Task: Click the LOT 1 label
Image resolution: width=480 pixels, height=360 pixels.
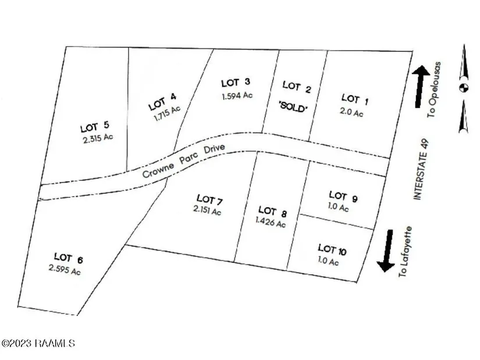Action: (x=355, y=99)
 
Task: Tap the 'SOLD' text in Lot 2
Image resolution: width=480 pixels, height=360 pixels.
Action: (x=293, y=107)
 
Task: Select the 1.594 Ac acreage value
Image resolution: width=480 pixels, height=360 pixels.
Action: (x=237, y=96)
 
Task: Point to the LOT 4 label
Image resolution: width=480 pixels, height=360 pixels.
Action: (x=162, y=102)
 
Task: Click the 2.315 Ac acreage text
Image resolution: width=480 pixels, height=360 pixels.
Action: (x=98, y=138)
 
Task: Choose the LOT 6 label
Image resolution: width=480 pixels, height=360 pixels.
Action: (x=69, y=258)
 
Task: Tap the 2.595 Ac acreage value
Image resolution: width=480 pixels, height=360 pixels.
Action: (x=65, y=270)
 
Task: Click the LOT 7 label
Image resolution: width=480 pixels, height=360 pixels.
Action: (x=209, y=199)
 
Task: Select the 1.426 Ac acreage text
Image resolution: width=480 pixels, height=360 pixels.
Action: (x=271, y=222)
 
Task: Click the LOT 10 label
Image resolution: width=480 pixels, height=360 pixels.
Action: (x=332, y=249)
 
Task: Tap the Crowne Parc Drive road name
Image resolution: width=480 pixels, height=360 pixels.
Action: (x=184, y=161)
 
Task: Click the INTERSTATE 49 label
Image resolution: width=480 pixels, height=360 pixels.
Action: (x=422, y=170)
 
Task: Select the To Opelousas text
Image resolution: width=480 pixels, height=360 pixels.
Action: (x=435, y=90)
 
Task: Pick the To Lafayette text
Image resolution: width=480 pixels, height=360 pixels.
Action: (x=406, y=252)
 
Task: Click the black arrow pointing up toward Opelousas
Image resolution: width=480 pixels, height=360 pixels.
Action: (x=420, y=87)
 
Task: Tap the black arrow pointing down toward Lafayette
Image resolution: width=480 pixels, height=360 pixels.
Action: (x=386, y=251)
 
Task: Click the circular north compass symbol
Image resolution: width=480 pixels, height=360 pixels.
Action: (x=464, y=88)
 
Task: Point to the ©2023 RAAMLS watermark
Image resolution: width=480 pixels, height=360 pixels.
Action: (x=38, y=343)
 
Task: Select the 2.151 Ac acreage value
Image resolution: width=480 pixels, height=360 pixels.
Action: (x=207, y=211)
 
